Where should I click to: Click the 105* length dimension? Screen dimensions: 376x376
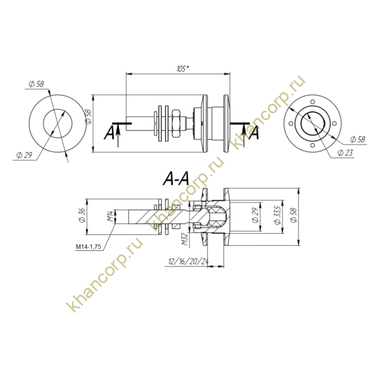[x=183, y=69]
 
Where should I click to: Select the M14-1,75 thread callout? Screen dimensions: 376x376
[x=89, y=247]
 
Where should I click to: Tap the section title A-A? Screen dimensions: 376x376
[x=176, y=179]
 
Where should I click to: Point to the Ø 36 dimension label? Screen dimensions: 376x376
[x=82, y=215]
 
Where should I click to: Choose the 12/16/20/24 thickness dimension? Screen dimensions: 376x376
[x=188, y=261]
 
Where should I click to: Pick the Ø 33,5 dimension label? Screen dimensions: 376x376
[x=278, y=215]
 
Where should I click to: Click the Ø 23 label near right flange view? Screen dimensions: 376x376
[x=345, y=153]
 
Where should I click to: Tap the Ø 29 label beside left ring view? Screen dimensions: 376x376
[x=24, y=155]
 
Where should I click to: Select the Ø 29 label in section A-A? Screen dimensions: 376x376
[x=256, y=215]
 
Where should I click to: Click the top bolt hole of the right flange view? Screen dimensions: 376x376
[x=312, y=102]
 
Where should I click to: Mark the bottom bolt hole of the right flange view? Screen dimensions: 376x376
[x=312, y=146]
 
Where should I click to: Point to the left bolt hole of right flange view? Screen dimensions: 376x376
[x=291, y=124]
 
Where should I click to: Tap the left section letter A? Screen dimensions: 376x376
[x=110, y=133]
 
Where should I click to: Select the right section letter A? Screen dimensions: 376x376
[x=254, y=133]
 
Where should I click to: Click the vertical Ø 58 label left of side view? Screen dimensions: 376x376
[x=88, y=117]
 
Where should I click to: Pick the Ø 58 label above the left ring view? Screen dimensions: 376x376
[x=36, y=84]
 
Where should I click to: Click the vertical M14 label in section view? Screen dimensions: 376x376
[x=110, y=216]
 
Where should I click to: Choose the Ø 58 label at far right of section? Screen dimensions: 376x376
[x=293, y=215]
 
